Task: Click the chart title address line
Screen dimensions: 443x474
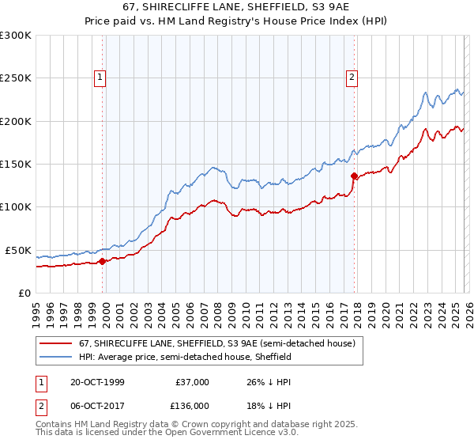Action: [x=237, y=8]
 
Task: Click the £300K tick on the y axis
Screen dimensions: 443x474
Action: [x=16, y=36]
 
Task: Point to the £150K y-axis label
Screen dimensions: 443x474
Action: [x=16, y=164]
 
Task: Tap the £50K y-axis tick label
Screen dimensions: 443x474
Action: [x=19, y=250]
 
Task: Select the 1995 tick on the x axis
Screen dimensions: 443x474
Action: [x=36, y=307]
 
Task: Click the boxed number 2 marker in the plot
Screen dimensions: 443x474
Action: [x=352, y=78]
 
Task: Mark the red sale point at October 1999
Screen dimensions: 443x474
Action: [x=103, y=261]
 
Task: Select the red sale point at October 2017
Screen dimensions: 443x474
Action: [x=353, y=176]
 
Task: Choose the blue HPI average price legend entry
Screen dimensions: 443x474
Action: [x=186, y=357]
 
